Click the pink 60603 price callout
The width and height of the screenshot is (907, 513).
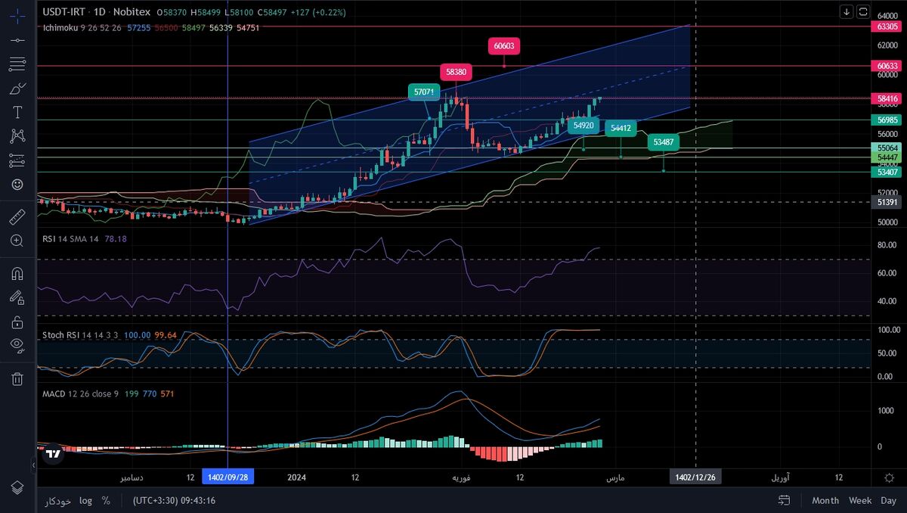[504, 45]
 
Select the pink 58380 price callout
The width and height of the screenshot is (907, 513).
[456, 72]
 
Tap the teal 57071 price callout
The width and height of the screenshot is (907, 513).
[424, 92]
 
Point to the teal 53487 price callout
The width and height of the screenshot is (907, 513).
[664, 141]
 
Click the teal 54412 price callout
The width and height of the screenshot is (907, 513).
[621, 129]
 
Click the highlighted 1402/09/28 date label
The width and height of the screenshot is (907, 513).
[228, 477]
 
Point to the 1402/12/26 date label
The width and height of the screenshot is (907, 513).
[695, 477]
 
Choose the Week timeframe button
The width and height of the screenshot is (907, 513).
[860, 500]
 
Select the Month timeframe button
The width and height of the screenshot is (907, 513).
[825, 500]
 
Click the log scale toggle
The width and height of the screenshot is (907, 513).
[85, 500]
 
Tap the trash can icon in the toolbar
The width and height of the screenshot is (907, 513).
[17, 379]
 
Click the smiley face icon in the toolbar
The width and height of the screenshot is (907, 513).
[17, 184]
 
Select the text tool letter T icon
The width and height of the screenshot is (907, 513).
[17, 112]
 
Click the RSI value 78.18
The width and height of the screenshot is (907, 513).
[116, 239]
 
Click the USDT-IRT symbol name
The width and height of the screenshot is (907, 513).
[63, 12]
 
